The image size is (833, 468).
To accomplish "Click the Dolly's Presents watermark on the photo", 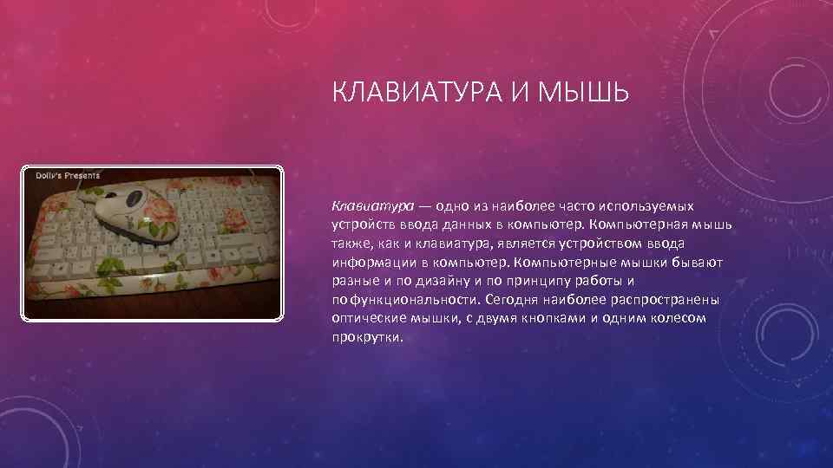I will pyautogui.click(x=68, y=175).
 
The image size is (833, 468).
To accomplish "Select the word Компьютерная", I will pyautogui.click(x=615, y=224).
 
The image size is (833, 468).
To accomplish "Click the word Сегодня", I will pyautogui.click(x=513, y=299).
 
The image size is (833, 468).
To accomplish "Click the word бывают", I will pyautogui.click(x=685, y=262).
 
